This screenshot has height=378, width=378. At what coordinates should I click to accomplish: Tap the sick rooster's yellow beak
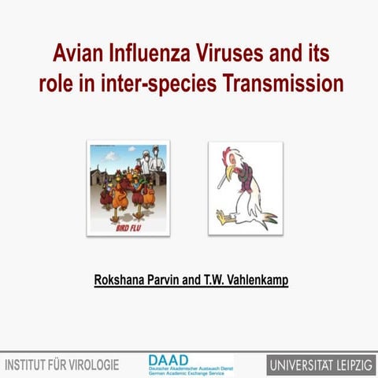(228, 171)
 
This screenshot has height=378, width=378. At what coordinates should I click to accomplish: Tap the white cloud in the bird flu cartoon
(102, 154)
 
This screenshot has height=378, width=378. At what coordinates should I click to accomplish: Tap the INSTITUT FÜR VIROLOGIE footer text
(62, 365)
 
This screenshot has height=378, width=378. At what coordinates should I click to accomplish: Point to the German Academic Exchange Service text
(189, 372)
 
